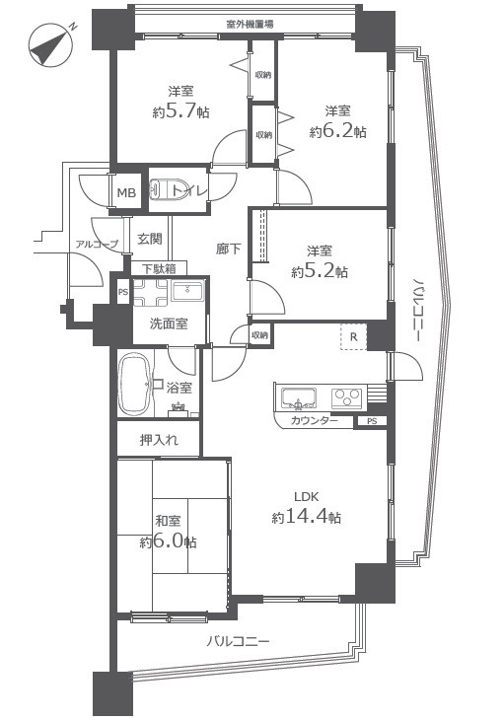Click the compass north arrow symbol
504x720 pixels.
coord(51,45)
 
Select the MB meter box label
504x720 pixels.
coord(126,193)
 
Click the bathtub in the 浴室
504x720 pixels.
coord(135,385)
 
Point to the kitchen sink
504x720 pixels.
coord(299,397)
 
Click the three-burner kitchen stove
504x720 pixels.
coord(346,397)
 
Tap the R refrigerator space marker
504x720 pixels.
coord(353,336)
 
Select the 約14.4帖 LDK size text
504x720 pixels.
coord(306,517)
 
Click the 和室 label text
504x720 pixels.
coord(168,521)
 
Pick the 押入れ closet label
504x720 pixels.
coord(159,440)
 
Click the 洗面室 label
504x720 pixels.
coord(169,324)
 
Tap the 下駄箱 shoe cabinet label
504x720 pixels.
coord(159,268)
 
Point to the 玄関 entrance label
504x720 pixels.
coord(150,239)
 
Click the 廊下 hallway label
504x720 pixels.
coord(229,249)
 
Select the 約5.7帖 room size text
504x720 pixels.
coord(180,111)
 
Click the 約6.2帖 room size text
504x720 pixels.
coord(338,132)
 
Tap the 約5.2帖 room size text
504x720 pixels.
coord(320,272)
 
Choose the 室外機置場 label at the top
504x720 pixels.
coord(251,25)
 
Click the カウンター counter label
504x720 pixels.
coord(315,420)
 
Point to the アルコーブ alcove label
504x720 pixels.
coord(97,245)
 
